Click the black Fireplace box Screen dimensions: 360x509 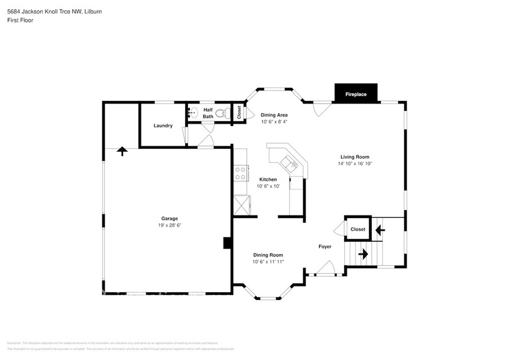(x=356, y=94)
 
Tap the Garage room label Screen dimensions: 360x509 (x=170, y=219)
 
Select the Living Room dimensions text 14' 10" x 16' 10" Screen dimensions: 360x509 (x=355, y=163)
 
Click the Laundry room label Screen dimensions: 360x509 (x=163, y=126)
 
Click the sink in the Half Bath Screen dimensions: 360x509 (x=192, y=112)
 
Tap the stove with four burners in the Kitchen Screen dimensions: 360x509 (x=240, y=173)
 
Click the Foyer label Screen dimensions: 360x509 (x=325, y=247)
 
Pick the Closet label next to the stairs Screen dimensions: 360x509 (x=358, y=230)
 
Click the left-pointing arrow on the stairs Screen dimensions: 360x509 (x=380, y=230)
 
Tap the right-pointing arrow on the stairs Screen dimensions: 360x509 (x=363, y=253)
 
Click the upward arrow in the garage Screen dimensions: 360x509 (x=122, y=151)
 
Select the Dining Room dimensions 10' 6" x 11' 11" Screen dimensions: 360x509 (x=268, y=261)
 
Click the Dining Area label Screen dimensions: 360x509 (x=274, y=115)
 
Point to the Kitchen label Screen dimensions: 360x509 (x=268, y=179)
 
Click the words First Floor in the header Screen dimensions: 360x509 (x=21, y=20)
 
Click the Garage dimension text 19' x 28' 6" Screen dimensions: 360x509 (x=170, y=225)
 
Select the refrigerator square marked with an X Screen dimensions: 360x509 (x=241, y=204)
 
